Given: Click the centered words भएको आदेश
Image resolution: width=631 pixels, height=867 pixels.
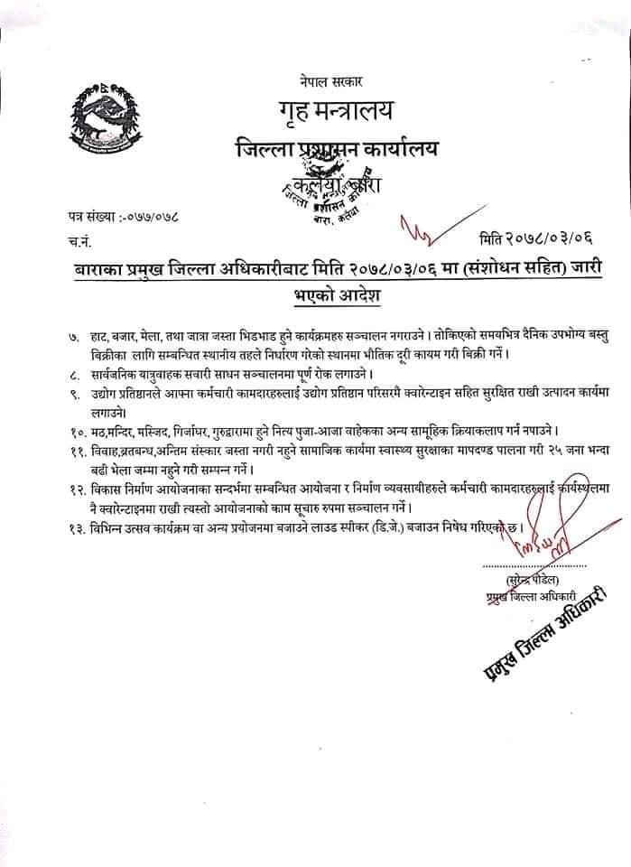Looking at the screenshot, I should pyautogui.click(x=329, y=296).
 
